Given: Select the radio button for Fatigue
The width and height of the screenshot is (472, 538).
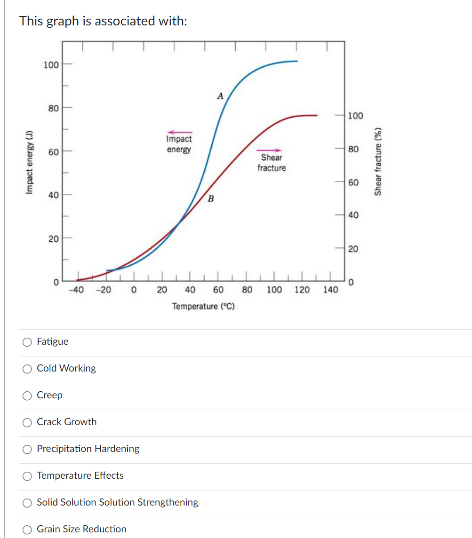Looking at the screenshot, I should point(28,342).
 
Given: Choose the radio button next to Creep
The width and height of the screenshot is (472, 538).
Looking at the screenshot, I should point(28,396).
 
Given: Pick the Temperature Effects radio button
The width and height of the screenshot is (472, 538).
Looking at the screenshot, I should point(28,476).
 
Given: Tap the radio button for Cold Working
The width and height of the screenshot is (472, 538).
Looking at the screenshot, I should point(28,369).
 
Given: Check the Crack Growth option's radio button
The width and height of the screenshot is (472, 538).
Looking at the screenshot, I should point(28,422).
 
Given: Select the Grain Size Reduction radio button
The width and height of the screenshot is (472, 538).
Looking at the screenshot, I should point(28,530).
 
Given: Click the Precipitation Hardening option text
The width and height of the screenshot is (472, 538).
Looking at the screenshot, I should point(88,449).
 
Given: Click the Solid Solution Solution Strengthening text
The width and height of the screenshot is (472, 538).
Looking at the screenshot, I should point(117,502).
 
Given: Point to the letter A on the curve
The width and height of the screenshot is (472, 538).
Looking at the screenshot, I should point(220,96).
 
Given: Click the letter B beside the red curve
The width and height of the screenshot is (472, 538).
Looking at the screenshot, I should point(211,199).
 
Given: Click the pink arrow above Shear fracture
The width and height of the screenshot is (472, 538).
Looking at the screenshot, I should point(269,150).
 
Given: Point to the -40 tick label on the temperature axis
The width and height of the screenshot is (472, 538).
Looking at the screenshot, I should point(76,290).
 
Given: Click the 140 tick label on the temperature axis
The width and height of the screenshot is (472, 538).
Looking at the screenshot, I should point(330,290).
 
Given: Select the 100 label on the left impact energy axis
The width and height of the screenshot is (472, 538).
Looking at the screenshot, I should point(51,64).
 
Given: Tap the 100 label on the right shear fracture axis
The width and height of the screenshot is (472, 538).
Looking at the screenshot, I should point(355,116).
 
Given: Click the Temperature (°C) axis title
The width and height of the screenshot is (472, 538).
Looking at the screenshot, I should point(203,307).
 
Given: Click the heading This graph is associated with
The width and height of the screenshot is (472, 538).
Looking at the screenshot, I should point(103,21).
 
